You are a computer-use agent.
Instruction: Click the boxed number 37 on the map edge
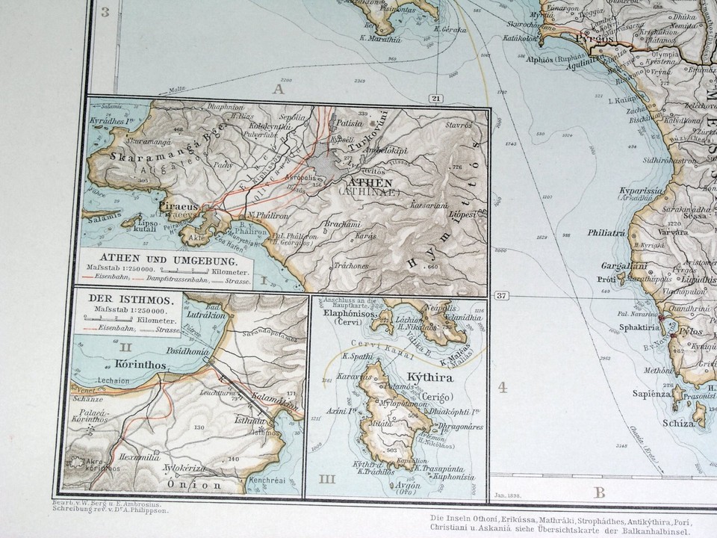[x=501, y=295]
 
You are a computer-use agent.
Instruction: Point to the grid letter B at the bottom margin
[x=599, y=492]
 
